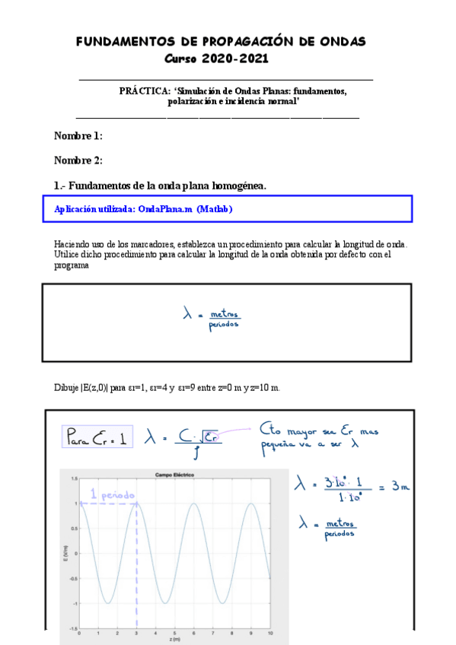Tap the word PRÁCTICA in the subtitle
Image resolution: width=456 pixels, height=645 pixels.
pyautogui.click(x=145, y=91)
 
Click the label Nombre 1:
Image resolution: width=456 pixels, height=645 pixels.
pyautogui.click(x=78, y=136)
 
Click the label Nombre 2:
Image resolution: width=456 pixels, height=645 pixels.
pyautogui.click(x=78, y=160)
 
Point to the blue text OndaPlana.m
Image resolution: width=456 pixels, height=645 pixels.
pyautogui.click(x=165, y=209)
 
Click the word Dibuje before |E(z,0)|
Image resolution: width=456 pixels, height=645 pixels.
pyautogui.click(x=66, y=387)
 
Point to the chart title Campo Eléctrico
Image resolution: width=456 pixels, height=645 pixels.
pyautogui.click(x=175, y=474)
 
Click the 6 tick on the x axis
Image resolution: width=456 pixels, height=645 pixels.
pyautogui.click(x=195, y=633)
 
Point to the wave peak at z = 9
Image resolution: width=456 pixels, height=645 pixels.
pyautogui.click(x=252, y=504)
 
